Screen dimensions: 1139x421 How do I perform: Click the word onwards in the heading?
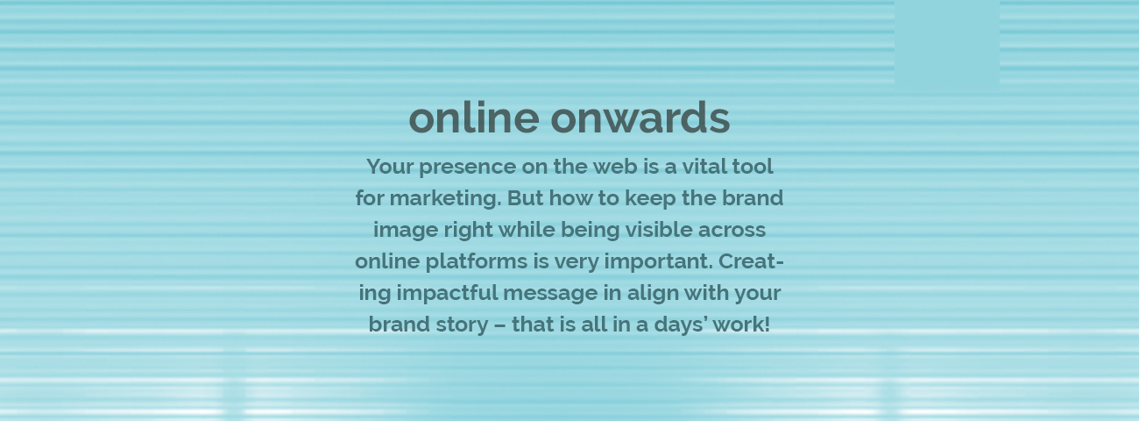coord(640,118)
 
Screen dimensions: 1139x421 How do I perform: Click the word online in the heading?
coord(474,118)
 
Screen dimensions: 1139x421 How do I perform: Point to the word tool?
coord(753,167)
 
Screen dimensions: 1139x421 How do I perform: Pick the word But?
coord(526,198)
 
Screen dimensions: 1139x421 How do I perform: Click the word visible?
coord(659,230)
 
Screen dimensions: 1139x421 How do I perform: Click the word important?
coord(659,262)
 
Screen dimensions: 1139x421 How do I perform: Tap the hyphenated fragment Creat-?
coord(751,261)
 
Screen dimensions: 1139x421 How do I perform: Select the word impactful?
coord(447,294)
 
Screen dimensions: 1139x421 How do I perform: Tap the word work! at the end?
coord(741,325)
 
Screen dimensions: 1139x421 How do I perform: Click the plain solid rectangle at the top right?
coord(947,46)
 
